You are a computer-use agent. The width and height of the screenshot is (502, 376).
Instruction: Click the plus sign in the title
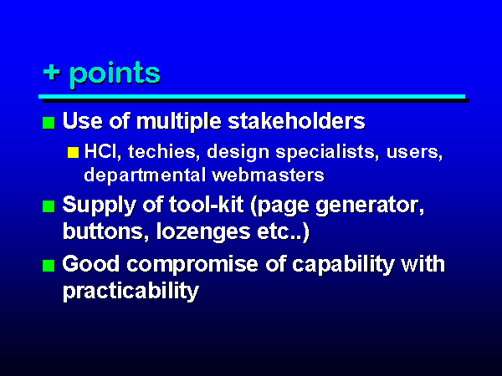52,73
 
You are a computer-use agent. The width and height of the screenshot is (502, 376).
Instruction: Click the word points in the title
115,74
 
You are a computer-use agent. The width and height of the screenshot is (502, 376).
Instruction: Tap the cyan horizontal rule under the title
252,96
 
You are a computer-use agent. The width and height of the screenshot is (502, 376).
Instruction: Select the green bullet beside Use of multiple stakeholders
49,123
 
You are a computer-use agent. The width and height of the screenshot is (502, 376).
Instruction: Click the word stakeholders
296,121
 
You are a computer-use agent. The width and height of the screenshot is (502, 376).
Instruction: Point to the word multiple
179,122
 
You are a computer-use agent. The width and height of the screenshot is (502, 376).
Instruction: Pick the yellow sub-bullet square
74,152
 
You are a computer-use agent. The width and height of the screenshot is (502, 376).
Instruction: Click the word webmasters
268,175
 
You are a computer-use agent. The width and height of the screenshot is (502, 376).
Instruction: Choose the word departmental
145,175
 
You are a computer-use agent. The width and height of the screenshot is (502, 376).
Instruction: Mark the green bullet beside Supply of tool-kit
49,206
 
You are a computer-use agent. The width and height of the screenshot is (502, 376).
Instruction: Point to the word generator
370,206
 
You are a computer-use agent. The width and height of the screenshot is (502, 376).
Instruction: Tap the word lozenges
203,232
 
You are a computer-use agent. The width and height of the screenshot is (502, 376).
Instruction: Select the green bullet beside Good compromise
49,266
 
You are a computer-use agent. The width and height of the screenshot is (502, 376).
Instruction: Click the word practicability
131,292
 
